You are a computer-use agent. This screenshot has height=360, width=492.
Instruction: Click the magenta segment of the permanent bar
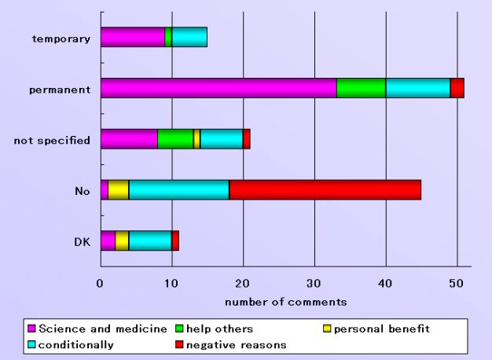click(x=218, y=89)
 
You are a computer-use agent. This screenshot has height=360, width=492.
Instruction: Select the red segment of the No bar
click(x=325, y=189)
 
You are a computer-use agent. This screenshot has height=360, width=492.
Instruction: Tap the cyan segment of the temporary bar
click(x=189, y=37)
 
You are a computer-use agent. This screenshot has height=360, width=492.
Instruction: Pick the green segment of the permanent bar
click(x=361, y=89)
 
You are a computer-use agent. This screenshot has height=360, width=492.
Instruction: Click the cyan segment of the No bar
click(x=178, y=189)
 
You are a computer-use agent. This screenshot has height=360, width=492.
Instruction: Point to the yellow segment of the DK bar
click(x=122, y=241)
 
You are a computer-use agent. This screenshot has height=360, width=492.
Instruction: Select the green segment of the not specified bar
click(x=175, y=139)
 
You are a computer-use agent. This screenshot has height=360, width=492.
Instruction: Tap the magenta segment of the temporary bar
click(x=133, y=37)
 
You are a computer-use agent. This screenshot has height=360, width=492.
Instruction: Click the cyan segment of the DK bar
click(x=150, y=241)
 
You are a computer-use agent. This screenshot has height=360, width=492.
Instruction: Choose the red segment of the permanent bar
click(x=457, y=89)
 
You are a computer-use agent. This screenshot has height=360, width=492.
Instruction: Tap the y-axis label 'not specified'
click(x=52, y=140)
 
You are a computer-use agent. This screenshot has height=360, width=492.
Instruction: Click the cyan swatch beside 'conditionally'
click(x=32, y=343)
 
